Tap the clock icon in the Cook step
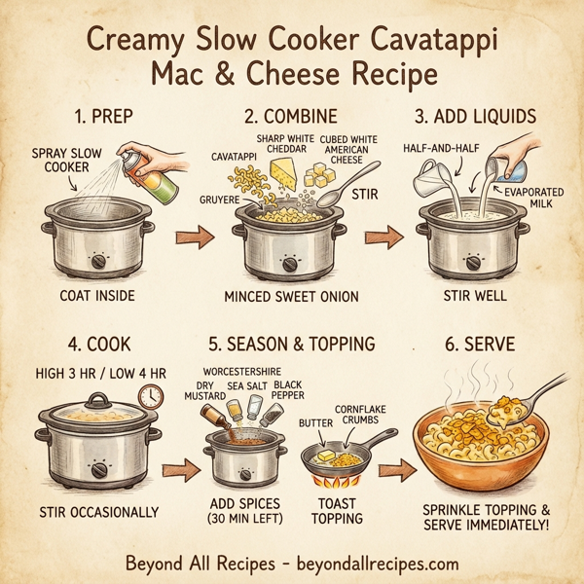150,395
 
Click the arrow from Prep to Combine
195,237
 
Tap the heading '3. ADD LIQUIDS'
474,118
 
